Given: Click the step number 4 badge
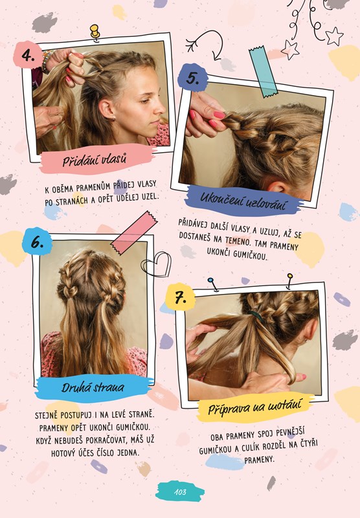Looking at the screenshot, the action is (x=28, y=55).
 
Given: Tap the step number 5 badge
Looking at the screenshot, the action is (x=192, y=78).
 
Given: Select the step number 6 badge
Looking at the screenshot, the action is (x=37, y=242).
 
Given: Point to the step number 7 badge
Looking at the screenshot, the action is (x=180, y=297).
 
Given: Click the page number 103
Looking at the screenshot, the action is (x=180, y=492).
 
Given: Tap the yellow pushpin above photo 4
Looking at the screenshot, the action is (x=95, y=32).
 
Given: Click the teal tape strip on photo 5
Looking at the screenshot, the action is (x=263, y=72).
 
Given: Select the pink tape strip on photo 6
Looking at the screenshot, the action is (x=134, y=233).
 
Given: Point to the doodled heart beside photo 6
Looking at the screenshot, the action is (x=156, y=264).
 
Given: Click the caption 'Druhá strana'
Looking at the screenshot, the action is (x=93, y=387).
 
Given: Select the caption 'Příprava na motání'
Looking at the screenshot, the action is (x=255, y=407).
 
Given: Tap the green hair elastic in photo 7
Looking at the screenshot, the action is (x=256, y=316).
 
